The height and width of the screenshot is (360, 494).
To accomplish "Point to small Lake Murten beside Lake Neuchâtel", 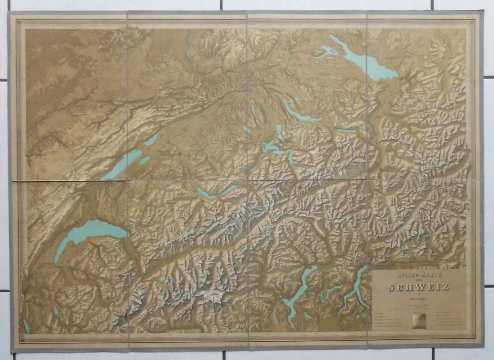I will [x=144, y=160].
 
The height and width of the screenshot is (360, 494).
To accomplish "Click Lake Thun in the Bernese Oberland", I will [x=206, y=193].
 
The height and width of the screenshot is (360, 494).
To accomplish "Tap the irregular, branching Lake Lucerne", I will [x=271, y=147].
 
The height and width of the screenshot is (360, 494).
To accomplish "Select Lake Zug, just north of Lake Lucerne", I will [x=280, y=131].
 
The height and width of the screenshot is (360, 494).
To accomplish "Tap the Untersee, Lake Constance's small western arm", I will [x=327, y=50].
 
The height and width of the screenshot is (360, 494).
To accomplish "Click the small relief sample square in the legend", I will [x=418, y=320].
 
